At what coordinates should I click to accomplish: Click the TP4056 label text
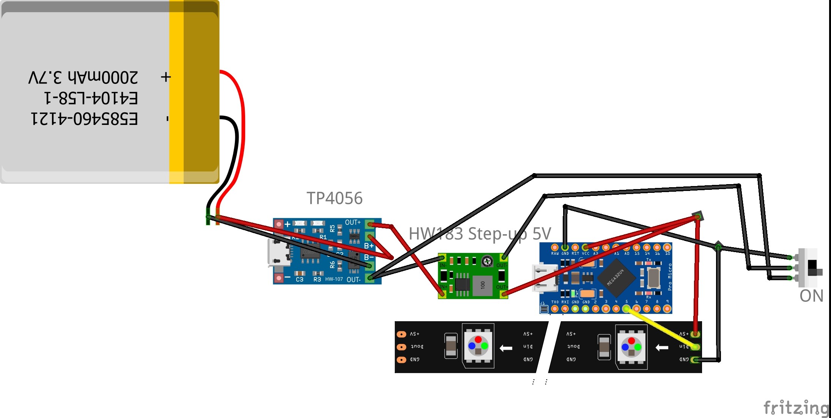click(334, 198)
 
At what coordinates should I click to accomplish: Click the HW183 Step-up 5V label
click(480, 233)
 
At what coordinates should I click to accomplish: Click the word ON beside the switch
click(811, 296)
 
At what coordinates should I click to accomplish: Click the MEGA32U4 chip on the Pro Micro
click(616, 278)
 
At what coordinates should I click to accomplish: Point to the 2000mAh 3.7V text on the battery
click(83, 77)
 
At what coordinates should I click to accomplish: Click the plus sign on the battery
click(166, 77)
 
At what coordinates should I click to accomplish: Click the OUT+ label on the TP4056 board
click(353, 222)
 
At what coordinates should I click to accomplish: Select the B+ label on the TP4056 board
click(368, 246)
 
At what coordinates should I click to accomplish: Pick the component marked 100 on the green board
click(483, 285)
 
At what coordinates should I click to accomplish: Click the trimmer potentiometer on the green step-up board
click(487, 261)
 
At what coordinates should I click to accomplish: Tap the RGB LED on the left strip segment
click(478, 346)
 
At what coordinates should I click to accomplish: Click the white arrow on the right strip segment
click(662, 347)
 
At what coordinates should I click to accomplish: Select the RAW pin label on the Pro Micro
click(555, 253)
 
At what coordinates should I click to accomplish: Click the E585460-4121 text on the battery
click(84, 119)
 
